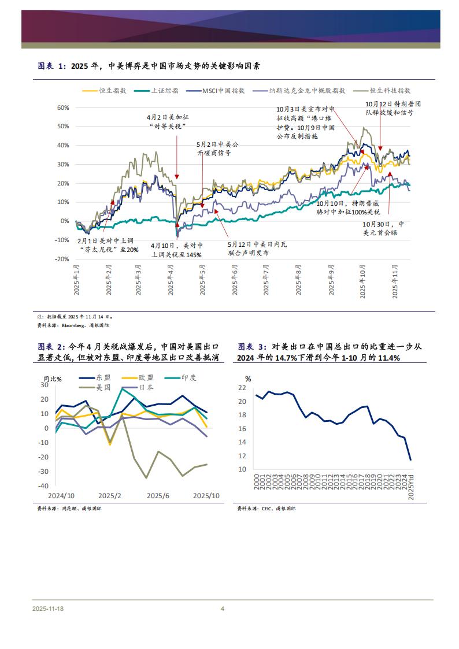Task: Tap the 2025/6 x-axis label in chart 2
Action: coord(158,496)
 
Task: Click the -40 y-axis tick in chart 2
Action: coord(43,486)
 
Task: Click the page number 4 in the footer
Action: coord(223,609)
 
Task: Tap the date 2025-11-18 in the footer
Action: coord(49,609)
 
